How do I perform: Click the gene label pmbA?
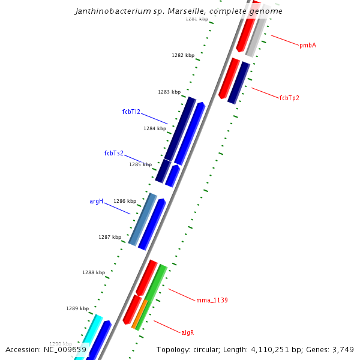tap(308, 46)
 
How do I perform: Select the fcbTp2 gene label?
tap(289, 98)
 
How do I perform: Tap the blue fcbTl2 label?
tap(131, 112)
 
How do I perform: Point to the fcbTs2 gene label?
tap(114, 153)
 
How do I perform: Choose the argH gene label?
tap(97, 202)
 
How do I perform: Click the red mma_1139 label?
tap(212, 300)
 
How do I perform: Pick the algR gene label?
tap(188, 332)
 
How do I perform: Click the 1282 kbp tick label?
tap(183, 56)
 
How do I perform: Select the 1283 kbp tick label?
tap(169, 92)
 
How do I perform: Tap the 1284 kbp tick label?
tap(155, 128)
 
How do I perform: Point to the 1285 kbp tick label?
tap(140, 164)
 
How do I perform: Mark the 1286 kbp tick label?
tap(125, 201)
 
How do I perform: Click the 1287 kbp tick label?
tap(110, 237)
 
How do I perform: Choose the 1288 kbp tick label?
tap(94, 272)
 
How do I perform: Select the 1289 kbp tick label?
tap(77, 308)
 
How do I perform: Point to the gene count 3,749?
tap(346, 349)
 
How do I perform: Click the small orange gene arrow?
tap(140, 313)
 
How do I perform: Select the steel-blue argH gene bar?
tap(143, 219)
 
